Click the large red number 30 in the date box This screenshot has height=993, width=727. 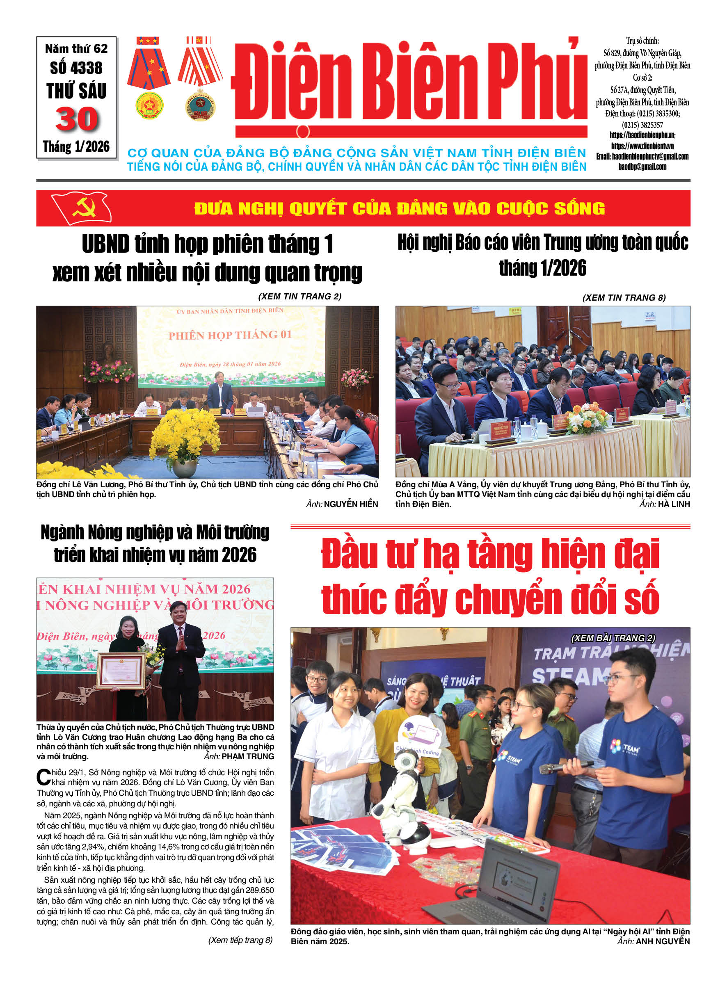pos(77,119)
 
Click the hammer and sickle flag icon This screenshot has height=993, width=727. pos(82,208)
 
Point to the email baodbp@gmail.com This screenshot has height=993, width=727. pos(642,167)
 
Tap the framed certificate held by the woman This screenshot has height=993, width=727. pos(121,671)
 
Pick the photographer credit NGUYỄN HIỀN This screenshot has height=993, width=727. pos(351,504)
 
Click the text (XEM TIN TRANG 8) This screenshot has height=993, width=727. pos(624,298)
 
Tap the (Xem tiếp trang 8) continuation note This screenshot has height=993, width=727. pos(240,940)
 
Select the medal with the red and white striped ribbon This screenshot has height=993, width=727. pos(200,77)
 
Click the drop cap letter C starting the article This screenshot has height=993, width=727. pos(43,776)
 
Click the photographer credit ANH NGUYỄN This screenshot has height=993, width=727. pos(663,941)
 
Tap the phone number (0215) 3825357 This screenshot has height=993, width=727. pos(642,125)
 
